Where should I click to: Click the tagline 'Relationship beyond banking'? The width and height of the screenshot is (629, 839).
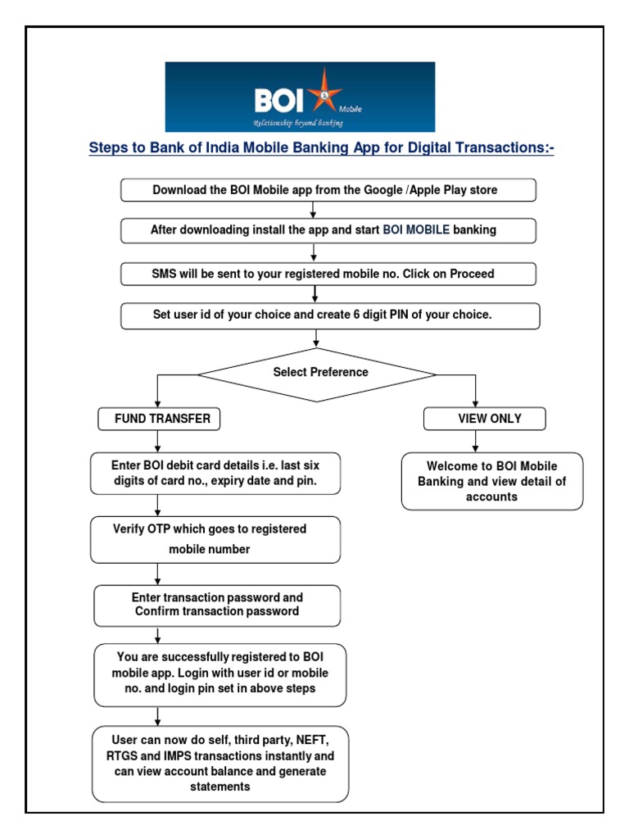[x=297, y=123]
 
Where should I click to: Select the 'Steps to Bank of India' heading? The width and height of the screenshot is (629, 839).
[x=321, y=149]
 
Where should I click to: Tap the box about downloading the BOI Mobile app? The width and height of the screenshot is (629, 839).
[x=328, y=190]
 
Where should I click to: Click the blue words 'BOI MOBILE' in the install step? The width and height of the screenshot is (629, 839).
[x=416, y=230]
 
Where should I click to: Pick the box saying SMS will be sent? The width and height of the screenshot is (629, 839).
[x=328, y=274]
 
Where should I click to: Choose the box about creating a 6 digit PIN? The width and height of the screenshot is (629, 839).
[x=330, y=315]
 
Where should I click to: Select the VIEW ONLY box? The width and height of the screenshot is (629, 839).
[x=484, y=419]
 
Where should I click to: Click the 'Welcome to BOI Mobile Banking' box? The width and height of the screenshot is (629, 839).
[x=491, y=482]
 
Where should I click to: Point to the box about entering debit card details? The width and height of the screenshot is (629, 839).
[x=215, y=474]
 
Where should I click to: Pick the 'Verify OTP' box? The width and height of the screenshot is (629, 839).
[x=215, y=539]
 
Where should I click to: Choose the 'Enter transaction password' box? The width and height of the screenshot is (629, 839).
[x=216, y=605]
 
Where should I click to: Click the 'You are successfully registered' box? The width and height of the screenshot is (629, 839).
[x=219, y=675]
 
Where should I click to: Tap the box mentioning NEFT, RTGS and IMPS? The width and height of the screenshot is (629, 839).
[x=219, y=764]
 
